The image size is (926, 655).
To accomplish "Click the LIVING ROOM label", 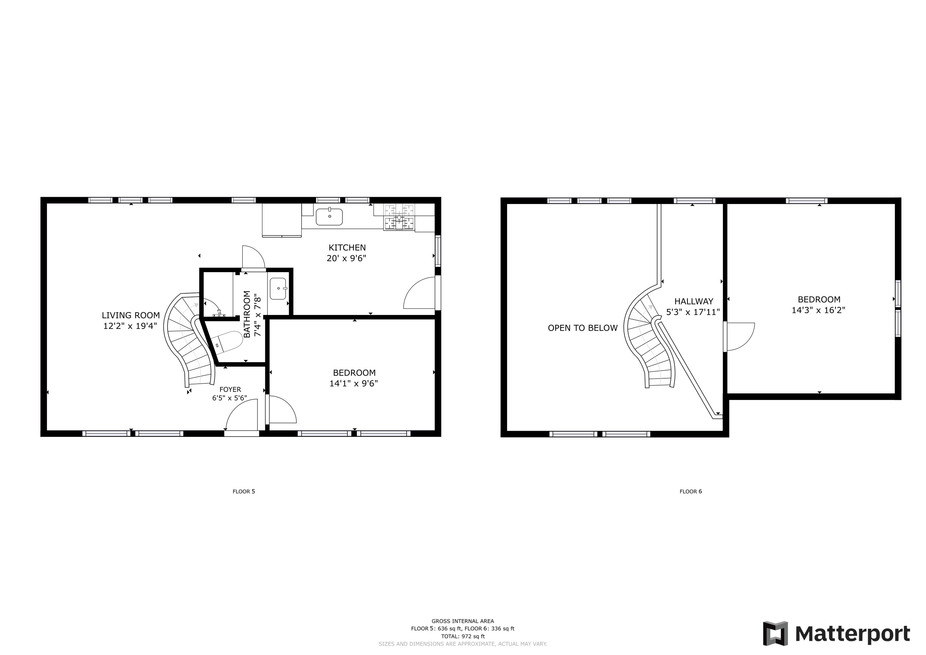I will point(131,315).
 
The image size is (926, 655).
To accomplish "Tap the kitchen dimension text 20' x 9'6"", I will point(346,258).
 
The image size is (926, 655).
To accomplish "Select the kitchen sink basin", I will point(329,217).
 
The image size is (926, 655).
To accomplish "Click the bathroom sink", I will point(278,288).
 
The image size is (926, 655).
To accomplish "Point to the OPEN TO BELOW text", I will point(582,328).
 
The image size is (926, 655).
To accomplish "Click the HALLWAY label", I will point(694,301).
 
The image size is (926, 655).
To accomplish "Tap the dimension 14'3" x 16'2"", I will point(818,310).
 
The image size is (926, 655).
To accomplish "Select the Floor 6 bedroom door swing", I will point(739,336).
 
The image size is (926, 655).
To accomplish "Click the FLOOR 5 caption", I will point(244,491).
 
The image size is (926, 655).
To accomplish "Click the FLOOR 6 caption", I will point(691,491).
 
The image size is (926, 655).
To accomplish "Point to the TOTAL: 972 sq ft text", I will point(463,636).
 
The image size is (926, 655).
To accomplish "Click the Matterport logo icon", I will point(775,633).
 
